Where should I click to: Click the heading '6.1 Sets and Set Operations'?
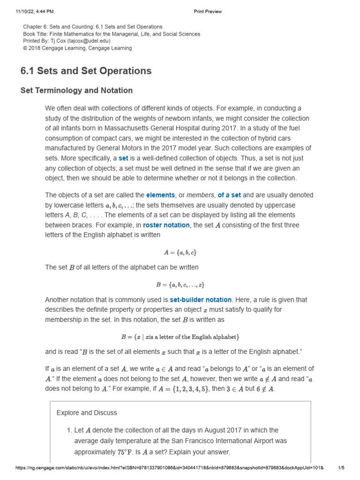click(86, 71)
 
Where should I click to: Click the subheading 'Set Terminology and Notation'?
click(76, 90)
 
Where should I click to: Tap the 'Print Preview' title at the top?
click(208, 12)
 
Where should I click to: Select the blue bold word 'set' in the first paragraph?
click(123, 158)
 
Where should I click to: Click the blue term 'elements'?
click(160, 195)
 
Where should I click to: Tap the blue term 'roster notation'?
click(166, 225)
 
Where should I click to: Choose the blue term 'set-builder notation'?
click(201, 300)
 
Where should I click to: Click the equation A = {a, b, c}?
click(180, 252)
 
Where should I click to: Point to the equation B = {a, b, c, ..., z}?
click(180, 285)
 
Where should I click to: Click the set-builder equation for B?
click(180, 337)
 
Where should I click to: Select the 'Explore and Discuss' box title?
click(87, 413)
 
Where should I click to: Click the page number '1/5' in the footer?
click(341, 468)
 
